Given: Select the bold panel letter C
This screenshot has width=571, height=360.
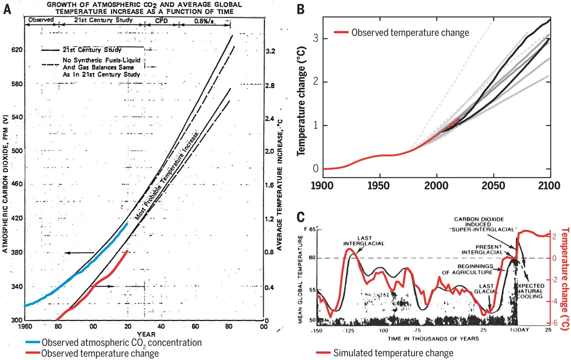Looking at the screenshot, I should click(x=301, y=217).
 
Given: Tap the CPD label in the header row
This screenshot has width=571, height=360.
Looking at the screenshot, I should click(x=162, y=20).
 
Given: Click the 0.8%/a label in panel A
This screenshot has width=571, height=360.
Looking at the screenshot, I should click(x=205, y=20).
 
